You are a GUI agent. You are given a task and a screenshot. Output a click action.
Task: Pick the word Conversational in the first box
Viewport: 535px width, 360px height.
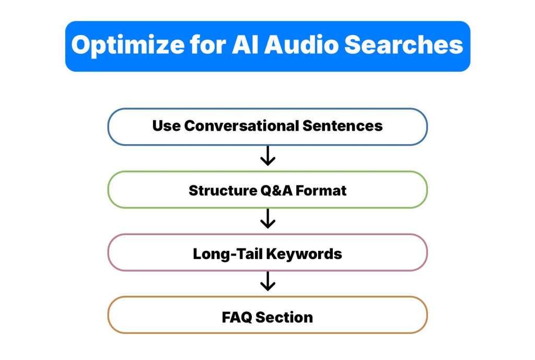pos(242,126)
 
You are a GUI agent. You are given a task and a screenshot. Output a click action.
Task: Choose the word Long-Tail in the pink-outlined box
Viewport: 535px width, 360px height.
pos(227,254)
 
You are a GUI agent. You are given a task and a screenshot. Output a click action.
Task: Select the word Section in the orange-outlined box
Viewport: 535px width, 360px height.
pos(286,317)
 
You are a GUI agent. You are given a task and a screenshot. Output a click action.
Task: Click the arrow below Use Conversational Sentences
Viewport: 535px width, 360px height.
pos(267,156)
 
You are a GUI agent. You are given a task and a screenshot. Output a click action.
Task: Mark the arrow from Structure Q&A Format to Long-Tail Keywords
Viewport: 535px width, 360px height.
pos(267,219)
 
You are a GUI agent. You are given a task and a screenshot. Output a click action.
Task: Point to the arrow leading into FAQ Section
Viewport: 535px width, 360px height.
pos(267,282)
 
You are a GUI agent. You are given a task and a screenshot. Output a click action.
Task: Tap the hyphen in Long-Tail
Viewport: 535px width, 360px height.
pos(233,255)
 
